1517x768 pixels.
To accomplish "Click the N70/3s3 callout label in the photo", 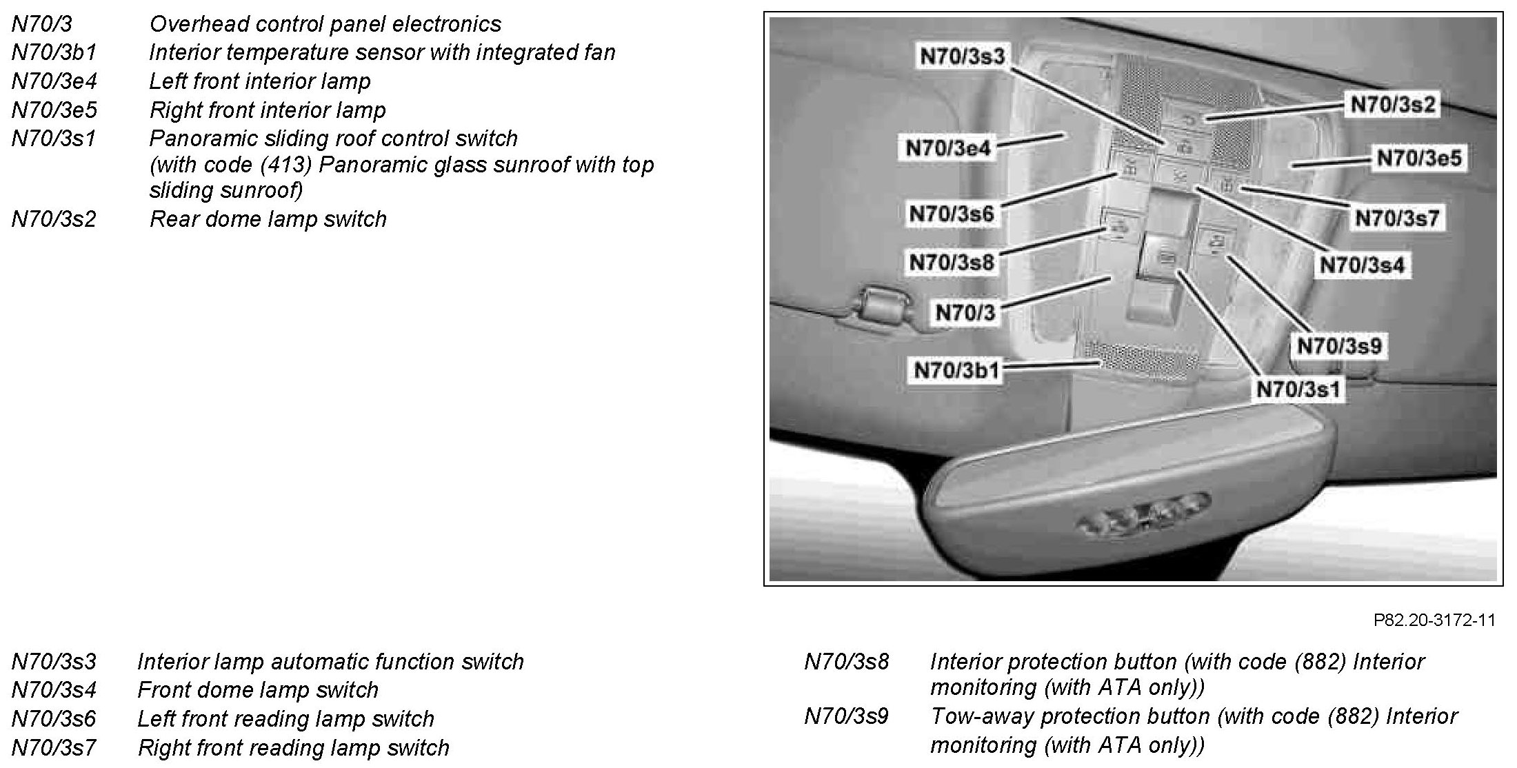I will tap(963, 57).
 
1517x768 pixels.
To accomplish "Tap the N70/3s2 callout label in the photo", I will tap(1392, 105).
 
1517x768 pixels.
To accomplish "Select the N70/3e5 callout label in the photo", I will tap(1418, 159).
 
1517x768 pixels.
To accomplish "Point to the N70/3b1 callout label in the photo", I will tap(956, 370).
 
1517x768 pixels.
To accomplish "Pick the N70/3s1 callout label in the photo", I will tap(1298, 390).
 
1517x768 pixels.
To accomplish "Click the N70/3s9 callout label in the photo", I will tap(1339, 345).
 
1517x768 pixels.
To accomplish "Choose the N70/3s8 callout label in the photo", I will tap(952, 263).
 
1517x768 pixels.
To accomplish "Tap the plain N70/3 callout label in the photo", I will tap(965, 313).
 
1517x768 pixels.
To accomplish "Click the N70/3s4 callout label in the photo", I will tap(1362, 265).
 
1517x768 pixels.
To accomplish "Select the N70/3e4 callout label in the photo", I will tap(947, 148).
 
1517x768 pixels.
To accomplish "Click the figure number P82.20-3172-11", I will tap(1434, 620).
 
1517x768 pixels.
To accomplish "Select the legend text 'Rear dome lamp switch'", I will tap(268, 219).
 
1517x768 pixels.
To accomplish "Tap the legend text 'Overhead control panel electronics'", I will tap(325, 25).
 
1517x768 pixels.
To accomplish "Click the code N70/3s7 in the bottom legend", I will tap(54, 747).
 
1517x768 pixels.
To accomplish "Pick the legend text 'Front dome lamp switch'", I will tap(258, 690).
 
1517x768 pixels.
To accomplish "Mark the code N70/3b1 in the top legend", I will tap(54, 53).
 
